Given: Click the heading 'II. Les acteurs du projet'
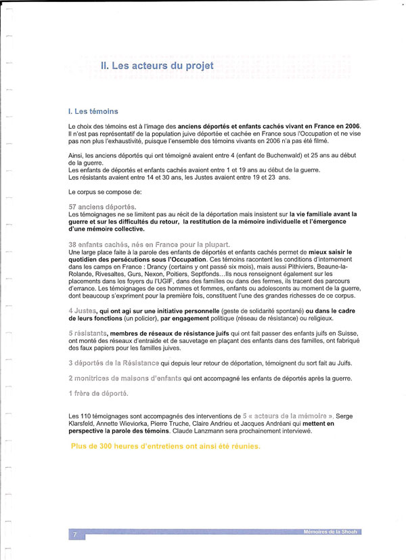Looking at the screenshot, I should [x=156, y=66].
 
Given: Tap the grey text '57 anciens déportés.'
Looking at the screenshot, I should [x=102, y=206].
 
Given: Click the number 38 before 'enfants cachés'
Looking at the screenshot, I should [x=73, y=244].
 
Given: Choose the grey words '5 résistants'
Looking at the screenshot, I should [x=88, y=334].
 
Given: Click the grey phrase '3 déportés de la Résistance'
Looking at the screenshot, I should [x=118, y=363].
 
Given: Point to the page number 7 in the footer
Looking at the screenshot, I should [x=74, y=536].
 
